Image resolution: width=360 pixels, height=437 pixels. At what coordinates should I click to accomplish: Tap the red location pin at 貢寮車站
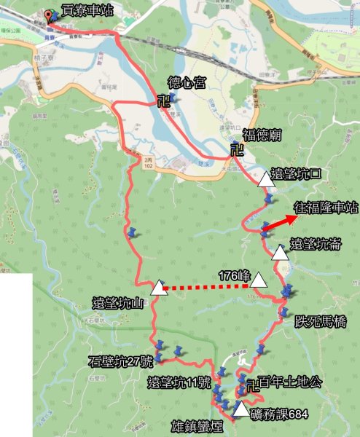[50, 16]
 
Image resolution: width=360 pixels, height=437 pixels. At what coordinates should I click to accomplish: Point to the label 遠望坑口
[295, 175]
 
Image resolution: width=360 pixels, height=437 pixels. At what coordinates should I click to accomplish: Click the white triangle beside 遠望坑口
[264, 178]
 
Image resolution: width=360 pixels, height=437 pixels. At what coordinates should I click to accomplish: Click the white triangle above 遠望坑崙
[280, 253]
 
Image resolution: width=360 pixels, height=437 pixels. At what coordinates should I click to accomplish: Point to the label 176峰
[234, 276]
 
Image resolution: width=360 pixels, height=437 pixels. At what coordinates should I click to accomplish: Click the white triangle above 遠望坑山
[157, 288]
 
